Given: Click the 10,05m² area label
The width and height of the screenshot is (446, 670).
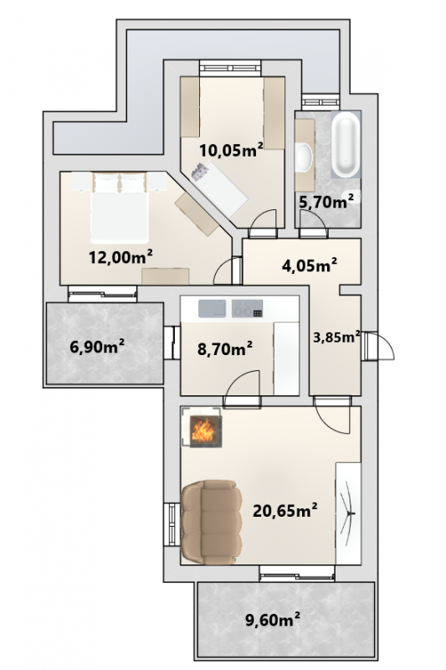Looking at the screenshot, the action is [231, 150].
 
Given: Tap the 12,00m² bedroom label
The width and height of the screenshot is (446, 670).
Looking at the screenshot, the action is [120, 257].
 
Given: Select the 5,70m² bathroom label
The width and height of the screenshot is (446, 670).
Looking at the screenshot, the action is [326, 201].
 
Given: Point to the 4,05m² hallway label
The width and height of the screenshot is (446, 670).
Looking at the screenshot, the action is [310, 265].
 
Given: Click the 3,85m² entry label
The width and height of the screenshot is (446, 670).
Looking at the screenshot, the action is [336, 338].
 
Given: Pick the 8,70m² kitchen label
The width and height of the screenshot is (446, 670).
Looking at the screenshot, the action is [224, 349].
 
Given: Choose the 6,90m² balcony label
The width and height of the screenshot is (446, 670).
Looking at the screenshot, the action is [97, 347].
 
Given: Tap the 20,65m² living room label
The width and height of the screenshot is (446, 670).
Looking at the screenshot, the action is [285, 510].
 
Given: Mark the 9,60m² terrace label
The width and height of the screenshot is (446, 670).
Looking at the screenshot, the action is [272, 619].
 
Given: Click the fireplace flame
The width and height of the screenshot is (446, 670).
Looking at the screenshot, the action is [202, 431].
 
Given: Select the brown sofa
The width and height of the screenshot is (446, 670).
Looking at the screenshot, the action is [211, 523].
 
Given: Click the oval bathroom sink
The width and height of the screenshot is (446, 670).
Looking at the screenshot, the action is [304, 157].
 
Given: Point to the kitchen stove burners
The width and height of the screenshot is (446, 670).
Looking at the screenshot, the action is [247, 308].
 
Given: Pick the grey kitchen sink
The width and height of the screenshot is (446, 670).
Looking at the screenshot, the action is [212, 308].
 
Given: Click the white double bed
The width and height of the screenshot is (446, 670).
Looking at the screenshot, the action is [120, 208].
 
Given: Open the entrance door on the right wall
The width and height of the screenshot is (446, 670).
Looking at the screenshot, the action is [377, 346].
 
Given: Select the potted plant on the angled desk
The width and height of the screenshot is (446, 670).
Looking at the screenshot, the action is [201, 172].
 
